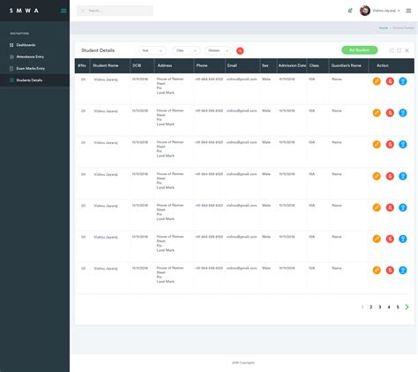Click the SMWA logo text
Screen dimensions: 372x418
click(x=24, y=11)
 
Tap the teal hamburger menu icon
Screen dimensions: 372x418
click(x=63, y=11)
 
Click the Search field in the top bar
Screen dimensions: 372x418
click(x=115, y=11)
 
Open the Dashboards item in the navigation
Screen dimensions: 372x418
click(x=26, y=44)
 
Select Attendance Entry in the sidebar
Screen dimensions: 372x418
click(x=30, y=56)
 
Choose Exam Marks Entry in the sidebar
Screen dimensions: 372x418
click(x=30, y=68)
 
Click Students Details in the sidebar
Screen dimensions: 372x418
click(x=29, y=80)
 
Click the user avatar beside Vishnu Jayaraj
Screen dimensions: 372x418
click(x=363, y=11)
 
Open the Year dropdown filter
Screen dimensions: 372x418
click(x=153, y=51)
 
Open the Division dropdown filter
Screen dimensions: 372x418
click(x=217, y=51)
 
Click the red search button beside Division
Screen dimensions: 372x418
click(x=240, y=51)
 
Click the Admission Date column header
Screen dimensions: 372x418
click(x=292, y=65)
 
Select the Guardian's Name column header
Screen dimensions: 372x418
click(x=347, y=65)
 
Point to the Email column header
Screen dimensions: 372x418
click(x=232, y=65)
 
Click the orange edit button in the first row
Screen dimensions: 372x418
click(x=377, y=80)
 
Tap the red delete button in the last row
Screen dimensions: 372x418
click(x=389, y=270)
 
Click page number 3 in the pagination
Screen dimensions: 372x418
click(x=379, y=307)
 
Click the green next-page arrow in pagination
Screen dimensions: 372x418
click(x=406, y=307)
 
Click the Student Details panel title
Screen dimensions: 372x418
click(x=98, y=51)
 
